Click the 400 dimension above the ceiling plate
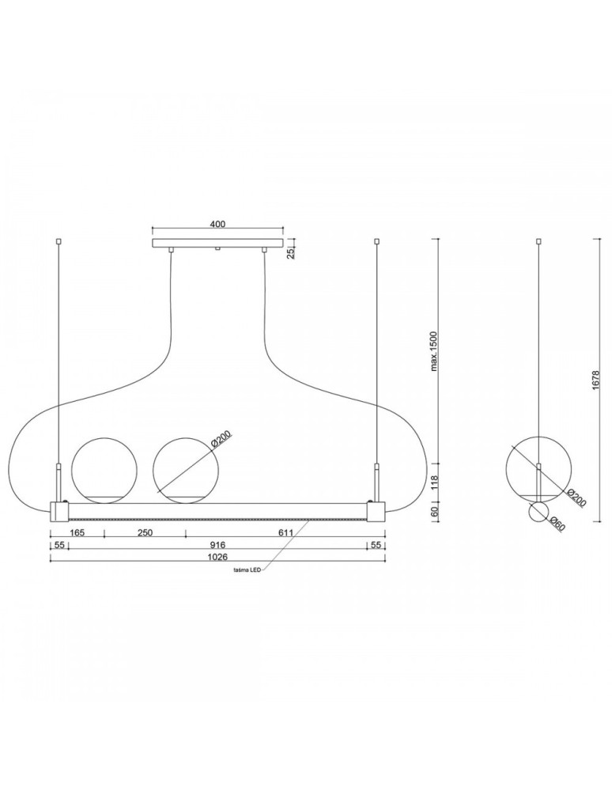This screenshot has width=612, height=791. coord(217,225)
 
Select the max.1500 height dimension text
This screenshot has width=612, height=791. coord(435,351)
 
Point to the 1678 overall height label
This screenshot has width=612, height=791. coord(596,381)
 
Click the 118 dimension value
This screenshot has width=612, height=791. coord(435,483)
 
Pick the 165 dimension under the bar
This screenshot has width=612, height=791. coord(76,532)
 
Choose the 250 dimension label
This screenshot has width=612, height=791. coord(145,532)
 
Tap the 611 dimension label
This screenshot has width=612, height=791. coord(285,532)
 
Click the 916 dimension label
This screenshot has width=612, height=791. coord(217,545)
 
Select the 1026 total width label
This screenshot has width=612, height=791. coord(217,558)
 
